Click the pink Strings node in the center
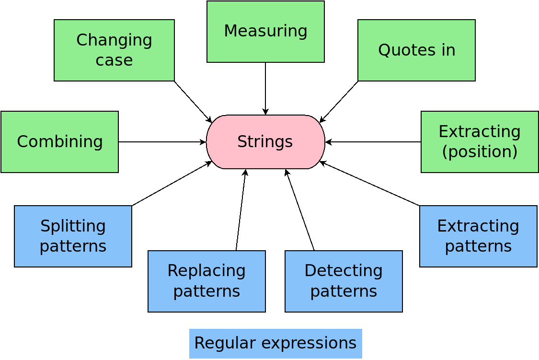click(x=265, y=142)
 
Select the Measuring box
click(x=265, y=32)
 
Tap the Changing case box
click(x=114, y=50)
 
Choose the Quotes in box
click(x=416, y=50)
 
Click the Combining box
click(x=59, y=142)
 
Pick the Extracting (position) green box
click(x=480, y=142)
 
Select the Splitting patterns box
click(x=73, y=236)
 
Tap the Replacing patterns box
click(x=206, y=281)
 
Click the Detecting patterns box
click(x=344, y=281)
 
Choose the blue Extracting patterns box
click(x=478, y=236)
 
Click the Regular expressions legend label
click(x=275, y=344)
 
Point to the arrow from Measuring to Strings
click(x=265, y=89)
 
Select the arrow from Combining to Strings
click(x=162, y=142)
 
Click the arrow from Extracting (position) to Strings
click(x=373, y=142)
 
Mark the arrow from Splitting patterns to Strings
click(x=172, y=184)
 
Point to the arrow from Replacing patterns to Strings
click(x=241, y=210)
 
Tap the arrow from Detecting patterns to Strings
click(x=299, y=210)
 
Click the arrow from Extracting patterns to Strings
click(x=369, y=184)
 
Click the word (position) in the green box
click(x=480, y=152)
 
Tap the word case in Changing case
click(x=114, y=60)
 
